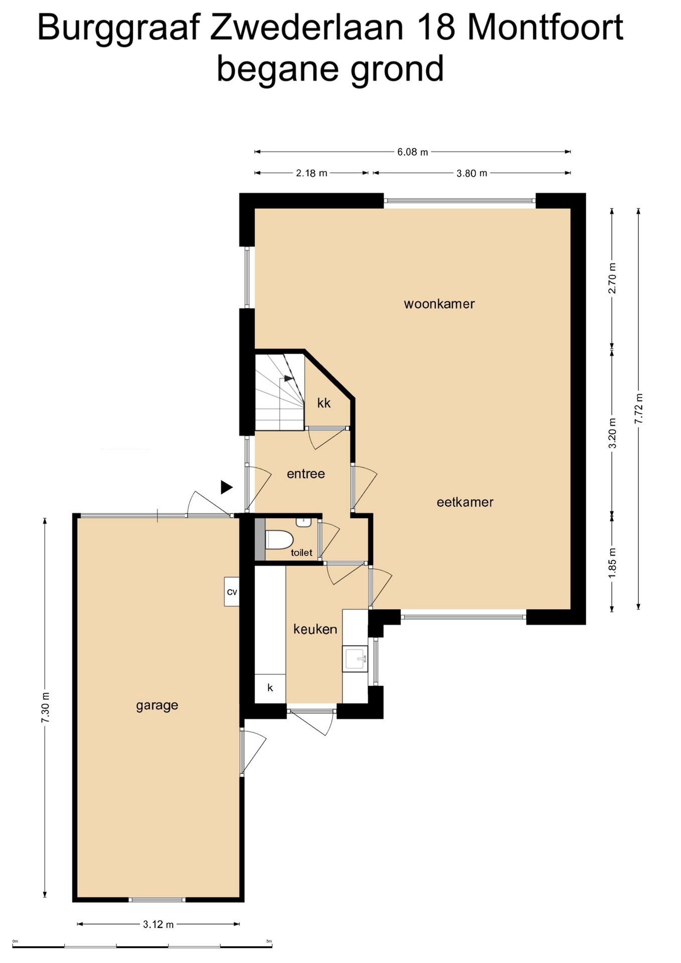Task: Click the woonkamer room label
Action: click(x=439, y=304)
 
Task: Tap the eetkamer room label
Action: click(x=465, y=502)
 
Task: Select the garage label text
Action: click(x=157, y=706)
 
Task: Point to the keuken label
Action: click(x=315, y=629)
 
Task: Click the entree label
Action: click(x=305, y=473)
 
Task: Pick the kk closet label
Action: click(x=324, y=403)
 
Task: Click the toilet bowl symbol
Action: click(x=279, y=540)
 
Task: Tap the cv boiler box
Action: click(x=232, y=592)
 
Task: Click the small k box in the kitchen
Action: click(x=270, y=688)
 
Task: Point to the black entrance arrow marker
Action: click(x=227, y=487)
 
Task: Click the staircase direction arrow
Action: click(x=288, y=379)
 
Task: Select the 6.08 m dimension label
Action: click(x=413, y=151)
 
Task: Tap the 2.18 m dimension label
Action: click(x=311, y=173)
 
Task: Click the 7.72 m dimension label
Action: click(x=638, y=408)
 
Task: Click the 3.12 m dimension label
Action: click(x=158, y=924)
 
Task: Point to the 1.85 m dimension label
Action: click(x=612, y=563)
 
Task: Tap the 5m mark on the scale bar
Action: click(x=269, y=941)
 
